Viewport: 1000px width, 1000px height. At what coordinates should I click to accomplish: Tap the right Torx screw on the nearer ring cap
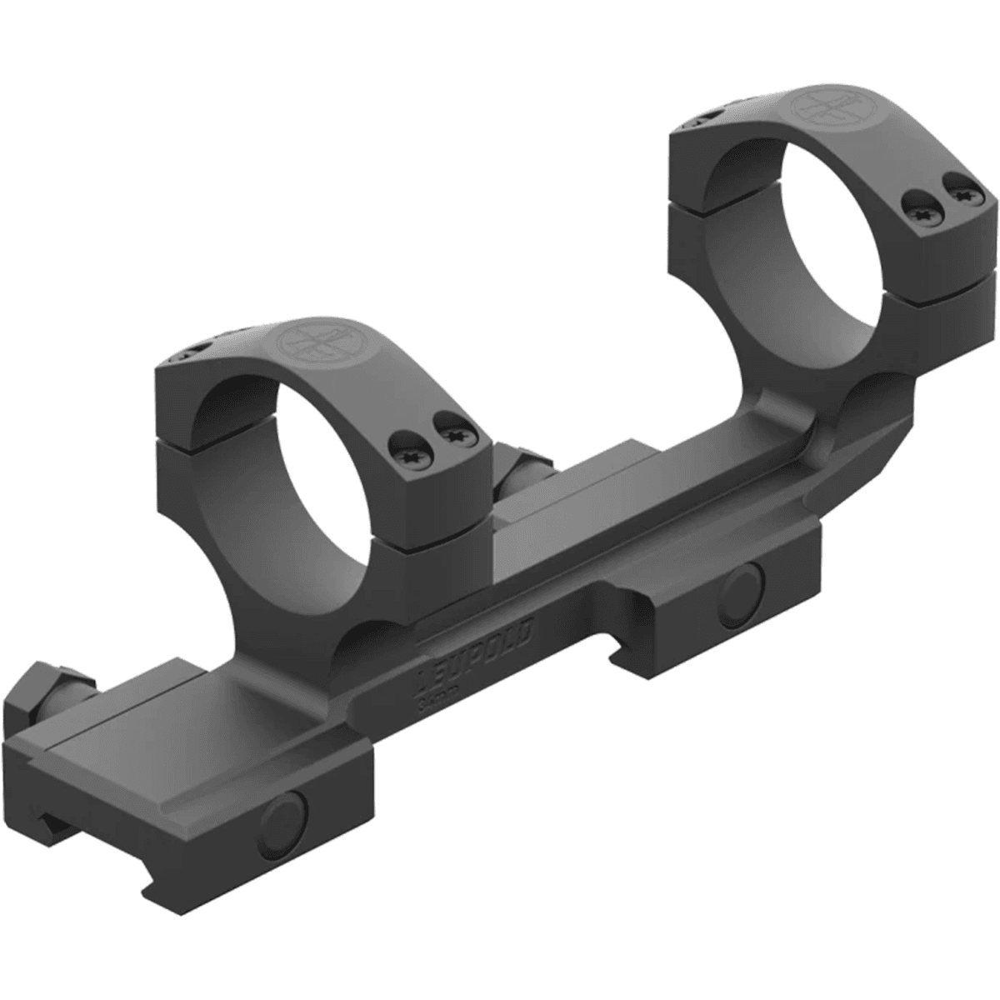pyautogui.click(x=455, y=434)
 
